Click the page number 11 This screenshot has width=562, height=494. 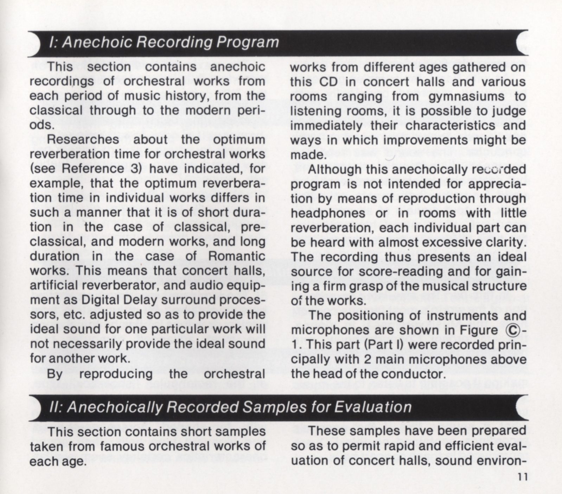522,477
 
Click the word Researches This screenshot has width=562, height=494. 83,139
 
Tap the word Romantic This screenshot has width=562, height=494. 237,256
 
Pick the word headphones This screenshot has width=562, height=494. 323,213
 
